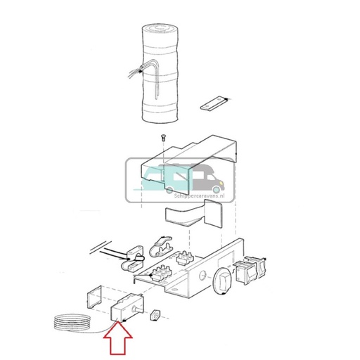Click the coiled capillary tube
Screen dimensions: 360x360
coord(73,323)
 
